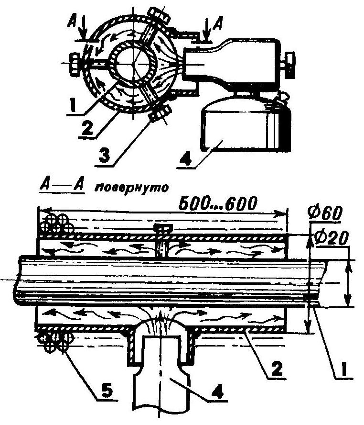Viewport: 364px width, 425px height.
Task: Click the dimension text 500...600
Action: point(217,203)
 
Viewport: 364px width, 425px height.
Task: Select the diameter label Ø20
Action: point(331,238)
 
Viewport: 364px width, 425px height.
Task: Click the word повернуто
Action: point(131,188)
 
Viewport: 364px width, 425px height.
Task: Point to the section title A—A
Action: point(63,187)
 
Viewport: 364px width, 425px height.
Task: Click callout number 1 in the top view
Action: point(72,103)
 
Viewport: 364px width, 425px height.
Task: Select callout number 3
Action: point(104,155)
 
